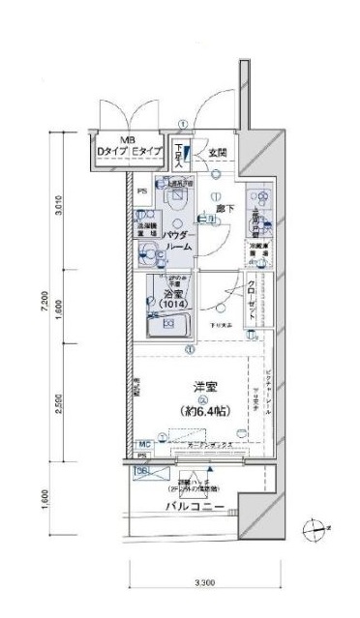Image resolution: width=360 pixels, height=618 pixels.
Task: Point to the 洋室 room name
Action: click(202, 388)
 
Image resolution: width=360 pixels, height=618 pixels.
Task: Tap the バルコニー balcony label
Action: click(195, 508)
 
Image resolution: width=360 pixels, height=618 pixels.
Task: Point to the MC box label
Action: click(141, 443)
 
